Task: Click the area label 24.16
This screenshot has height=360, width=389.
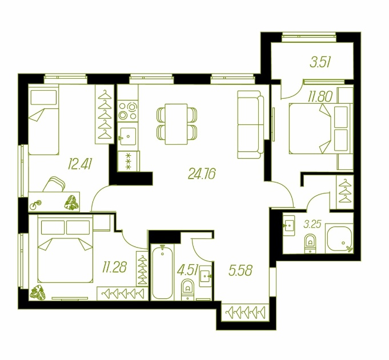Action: [202, 173]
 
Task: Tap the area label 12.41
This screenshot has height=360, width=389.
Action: [80, 164]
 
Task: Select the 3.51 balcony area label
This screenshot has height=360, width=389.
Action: [320, 62]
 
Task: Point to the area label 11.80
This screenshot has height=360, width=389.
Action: [320, 96]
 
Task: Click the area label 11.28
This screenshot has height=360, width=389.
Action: [114, 268]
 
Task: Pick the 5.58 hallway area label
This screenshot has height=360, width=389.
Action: [240, 270]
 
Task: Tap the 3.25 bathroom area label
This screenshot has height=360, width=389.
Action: [312, 224]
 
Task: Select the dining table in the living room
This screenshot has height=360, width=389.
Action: [177, 124]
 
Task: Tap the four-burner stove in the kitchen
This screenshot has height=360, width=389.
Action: [128, 111]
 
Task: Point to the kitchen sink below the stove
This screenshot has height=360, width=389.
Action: [128, 136]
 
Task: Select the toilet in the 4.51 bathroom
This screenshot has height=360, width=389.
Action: [187, 290]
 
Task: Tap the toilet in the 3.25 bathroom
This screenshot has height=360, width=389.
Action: [310, 244]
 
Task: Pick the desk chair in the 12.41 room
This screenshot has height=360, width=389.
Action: [54, 184]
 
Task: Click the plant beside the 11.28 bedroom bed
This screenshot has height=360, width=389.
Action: [38, 293]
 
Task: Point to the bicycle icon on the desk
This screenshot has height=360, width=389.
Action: [35, 205]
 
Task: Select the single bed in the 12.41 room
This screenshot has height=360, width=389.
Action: [43, 120]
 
